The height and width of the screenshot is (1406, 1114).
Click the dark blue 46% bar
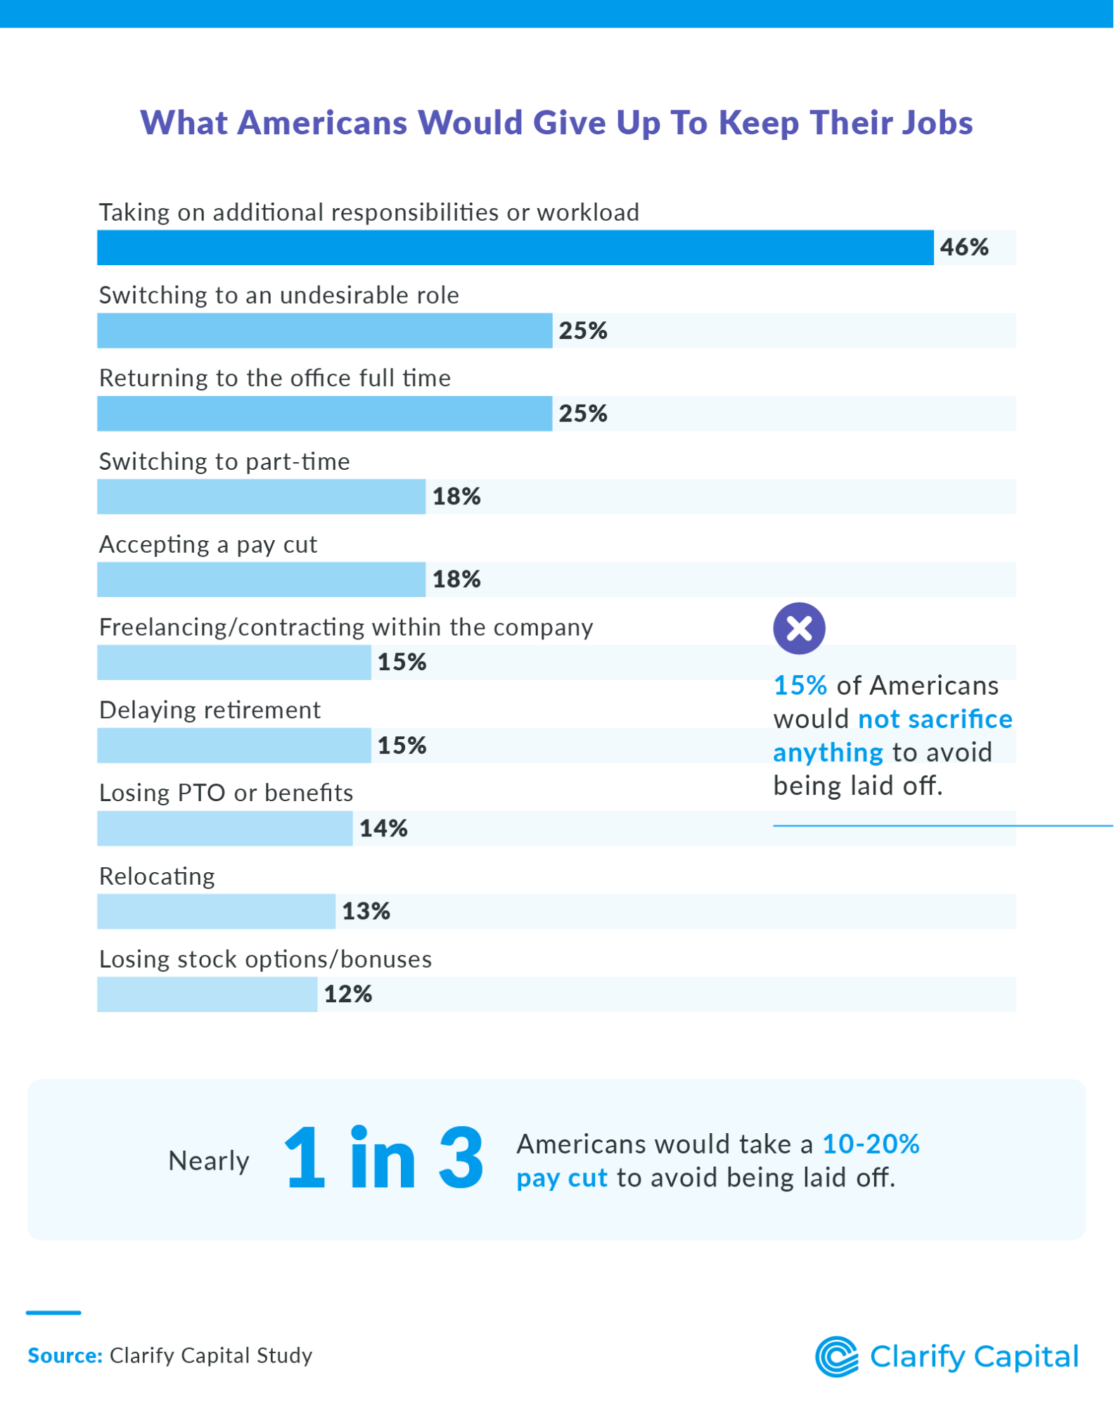515,248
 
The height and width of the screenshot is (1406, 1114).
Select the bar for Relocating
216,912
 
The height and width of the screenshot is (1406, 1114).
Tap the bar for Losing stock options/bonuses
207,995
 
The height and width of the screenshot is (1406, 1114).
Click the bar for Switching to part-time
261,497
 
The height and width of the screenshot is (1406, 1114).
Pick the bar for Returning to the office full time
324,414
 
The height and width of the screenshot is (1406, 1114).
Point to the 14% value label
383,829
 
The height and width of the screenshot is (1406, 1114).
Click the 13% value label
366,912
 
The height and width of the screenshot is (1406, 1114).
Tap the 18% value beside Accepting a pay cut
456,580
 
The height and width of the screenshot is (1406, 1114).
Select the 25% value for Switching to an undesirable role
583,331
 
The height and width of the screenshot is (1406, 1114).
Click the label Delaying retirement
210,710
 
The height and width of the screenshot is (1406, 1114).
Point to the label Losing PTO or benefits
226,793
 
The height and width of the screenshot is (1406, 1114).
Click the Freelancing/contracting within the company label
346,627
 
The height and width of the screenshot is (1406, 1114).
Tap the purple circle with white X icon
799,628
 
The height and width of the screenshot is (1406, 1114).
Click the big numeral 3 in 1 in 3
461,1158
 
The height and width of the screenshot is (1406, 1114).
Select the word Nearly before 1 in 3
209,1161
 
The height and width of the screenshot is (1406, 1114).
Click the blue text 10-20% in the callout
871,1144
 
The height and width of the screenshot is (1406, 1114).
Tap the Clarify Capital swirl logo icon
836,1357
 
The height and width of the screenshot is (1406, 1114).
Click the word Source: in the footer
65,1356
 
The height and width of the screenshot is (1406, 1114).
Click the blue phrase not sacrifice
935,720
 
